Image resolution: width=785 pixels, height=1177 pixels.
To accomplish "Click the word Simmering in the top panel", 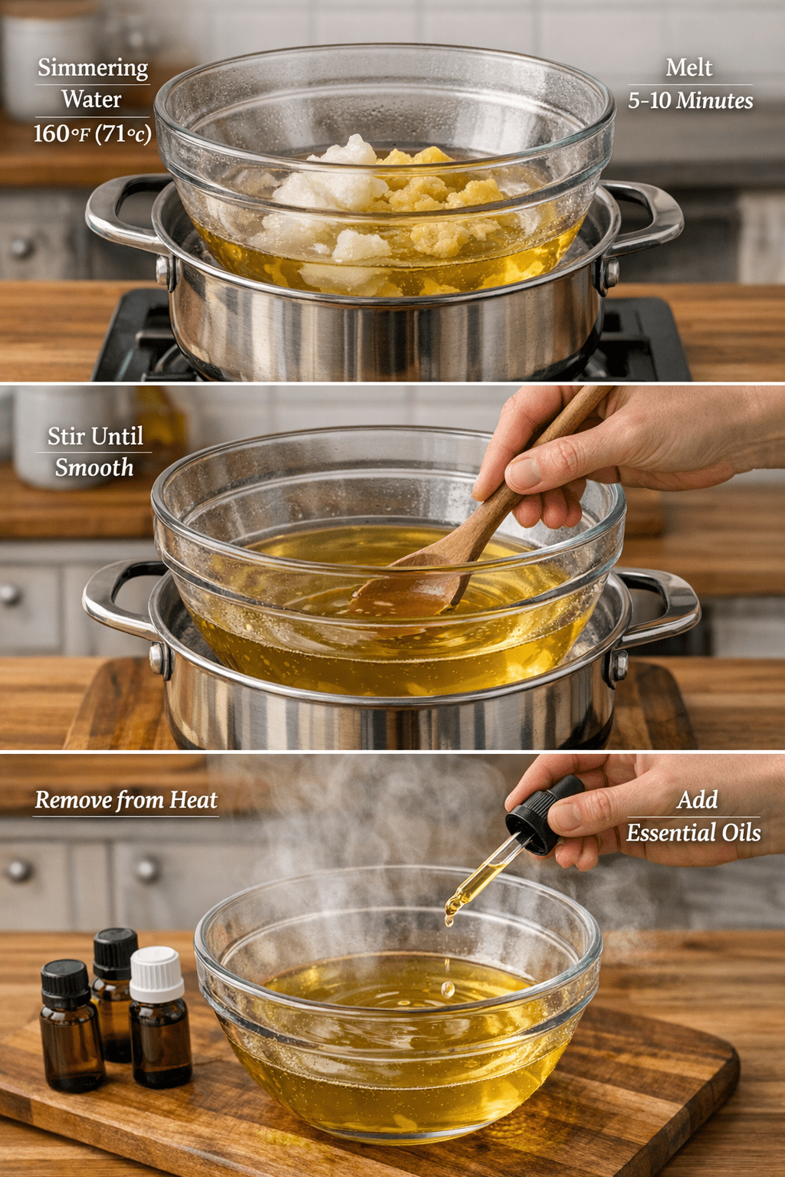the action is [x=93, y=68].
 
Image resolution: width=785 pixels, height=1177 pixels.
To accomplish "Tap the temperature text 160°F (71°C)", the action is [x=93, y=133].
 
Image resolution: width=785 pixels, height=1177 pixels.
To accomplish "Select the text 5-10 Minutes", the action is [x=691, y=100].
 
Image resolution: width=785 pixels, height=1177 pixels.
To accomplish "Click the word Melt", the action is [x=688, y=67].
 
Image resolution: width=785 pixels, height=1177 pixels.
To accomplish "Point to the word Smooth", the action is [x=94, y=467].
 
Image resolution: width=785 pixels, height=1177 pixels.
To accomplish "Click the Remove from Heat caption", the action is [x=126, y=800].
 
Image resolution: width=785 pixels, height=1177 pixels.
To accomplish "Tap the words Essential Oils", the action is [x=694, y=832].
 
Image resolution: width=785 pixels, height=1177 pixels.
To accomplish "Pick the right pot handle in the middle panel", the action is [x=660, y=609].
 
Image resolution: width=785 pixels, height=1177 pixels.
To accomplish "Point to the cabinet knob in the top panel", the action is [x=21, y=247].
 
